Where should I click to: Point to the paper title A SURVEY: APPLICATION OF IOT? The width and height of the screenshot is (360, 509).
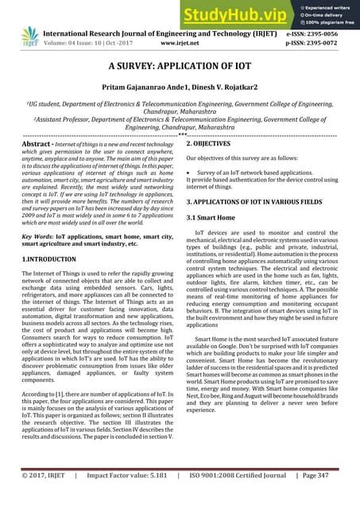[180, 71]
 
